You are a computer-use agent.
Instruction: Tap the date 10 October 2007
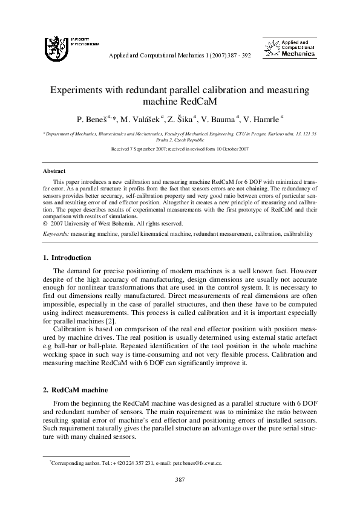tap(227, 148)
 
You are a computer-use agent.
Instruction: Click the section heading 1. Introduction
tap(67, 258)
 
